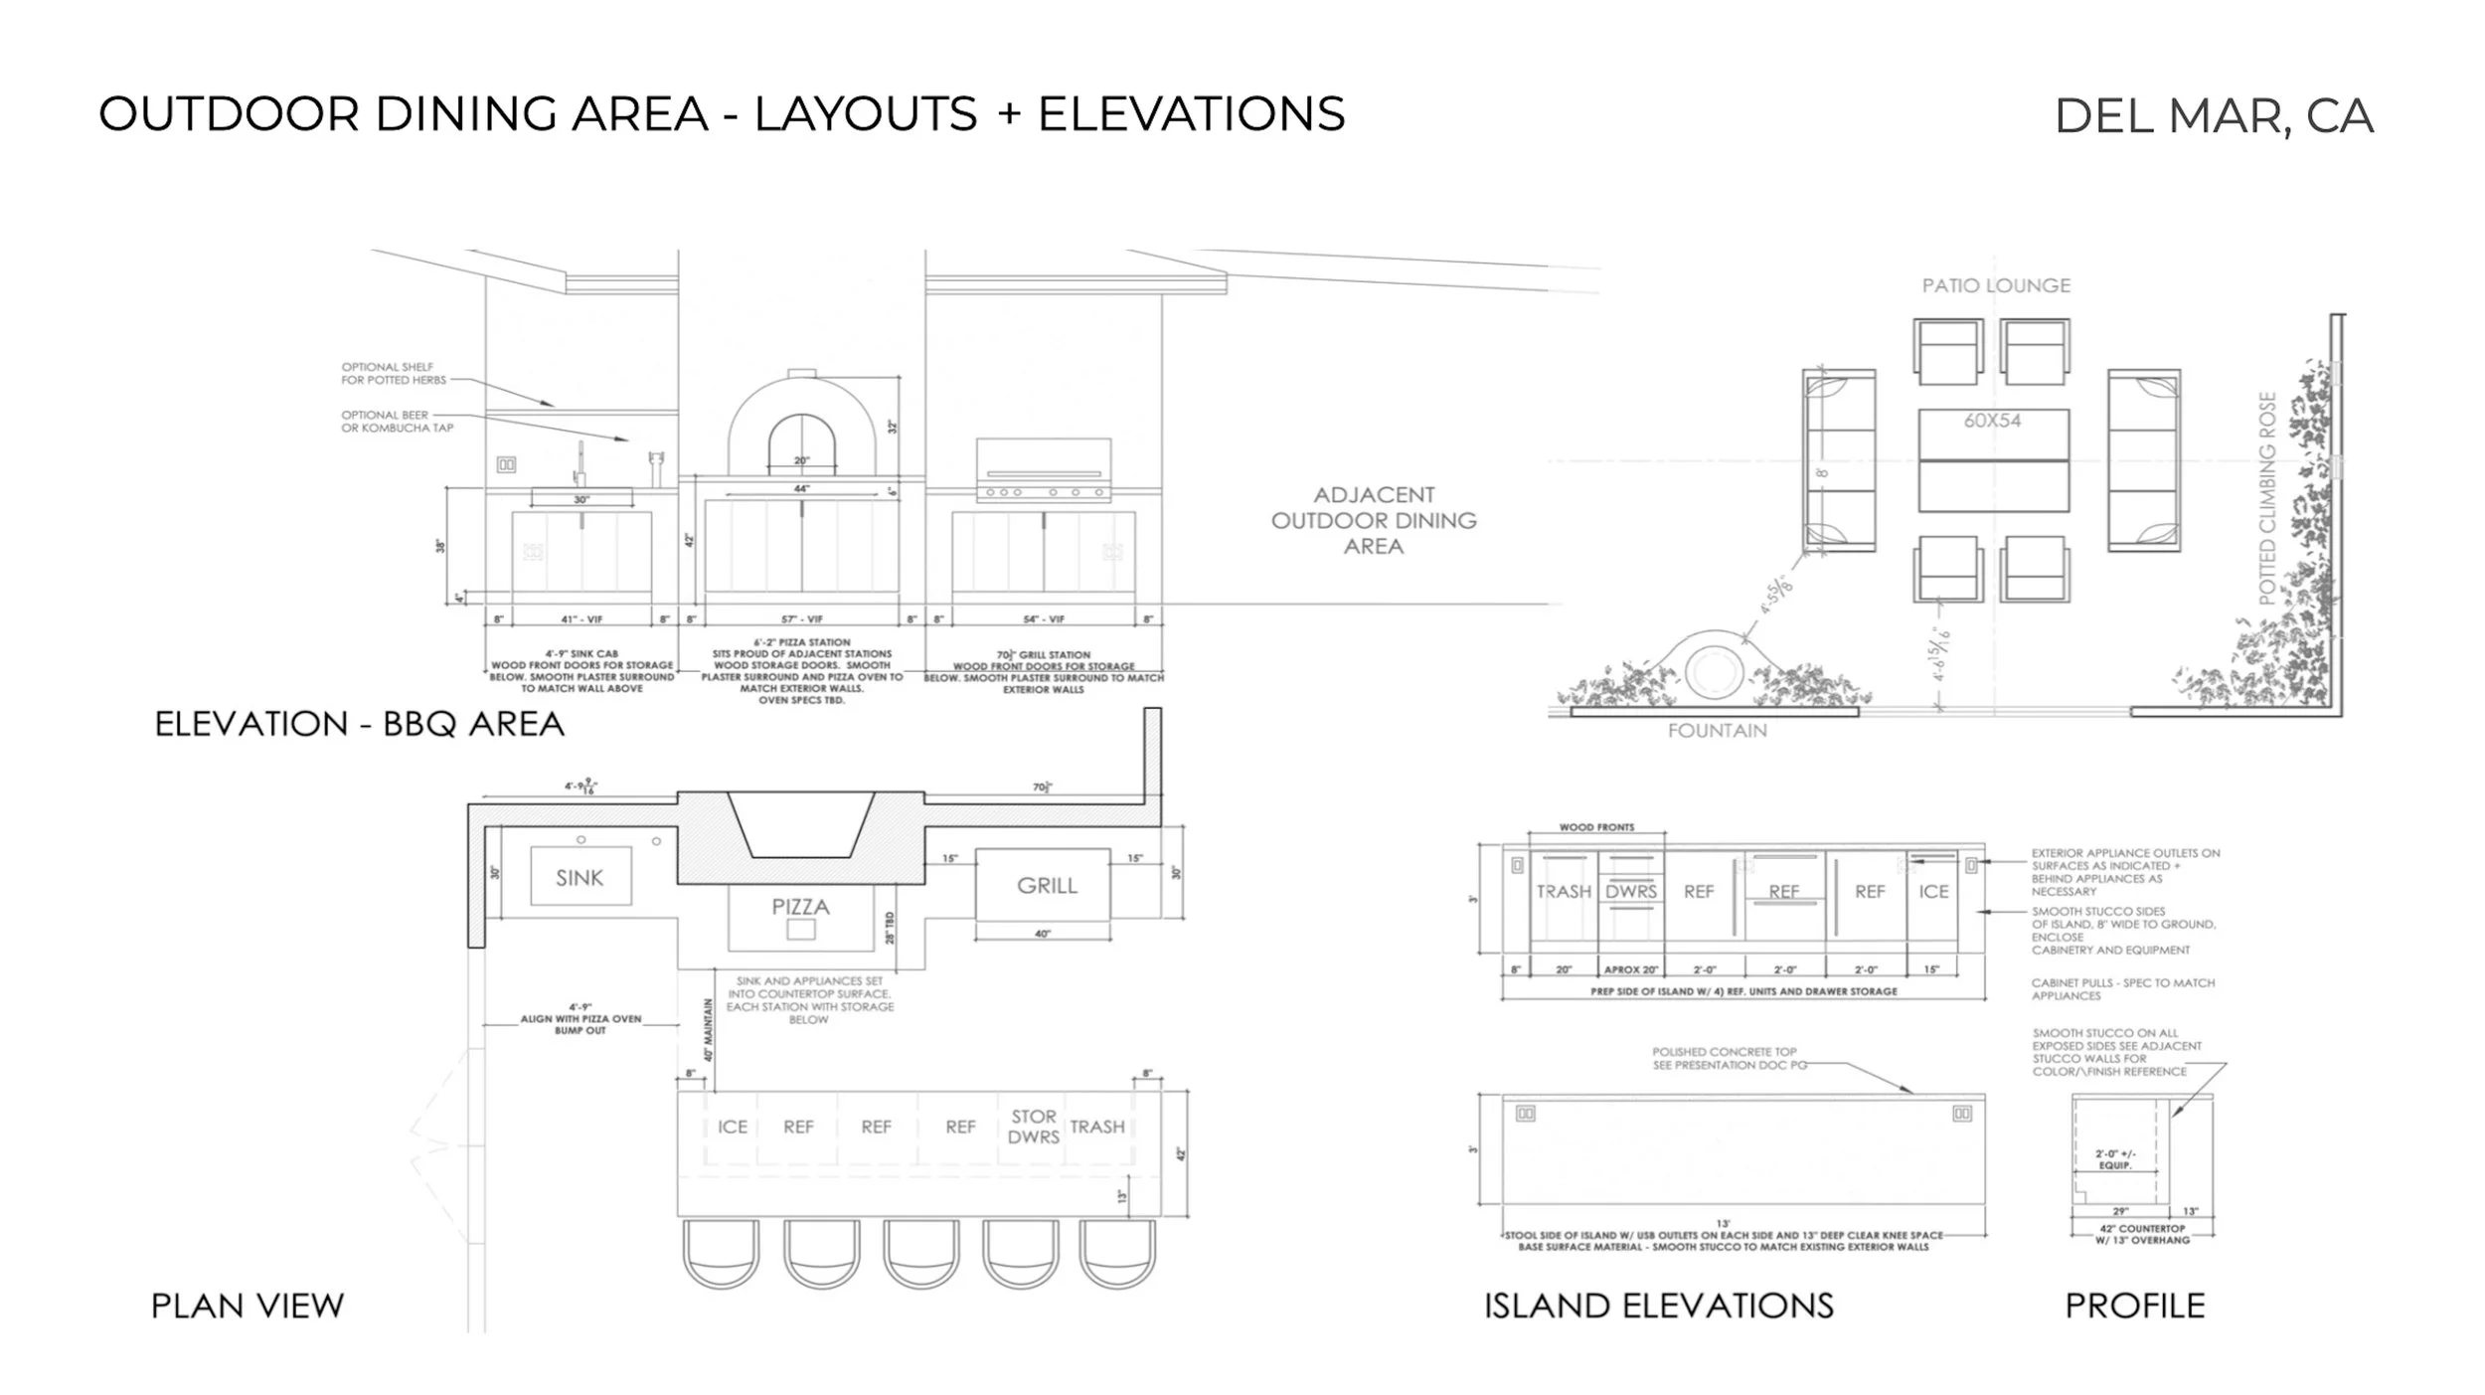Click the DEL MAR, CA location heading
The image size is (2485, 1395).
(x=2214, y=116)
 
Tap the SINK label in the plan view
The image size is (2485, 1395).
(x=580, y=877)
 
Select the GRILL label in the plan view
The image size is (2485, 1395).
(x=1046, y=885)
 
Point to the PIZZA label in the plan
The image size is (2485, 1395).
(x=800, y=906)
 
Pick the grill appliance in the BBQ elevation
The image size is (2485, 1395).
(x=1044, y=469)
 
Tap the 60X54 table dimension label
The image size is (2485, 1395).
(x=1992, y=421)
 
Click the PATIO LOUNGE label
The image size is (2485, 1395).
(x=1996, y=285)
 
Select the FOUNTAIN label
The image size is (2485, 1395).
(x=1717, y=731)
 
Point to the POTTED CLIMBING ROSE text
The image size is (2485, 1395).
(x=2267, y=498)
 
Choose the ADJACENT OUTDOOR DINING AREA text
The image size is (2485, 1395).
(x=1374, y=520)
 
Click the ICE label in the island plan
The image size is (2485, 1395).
(x=733, y=1127)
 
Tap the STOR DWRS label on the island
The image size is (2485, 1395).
(x=1033, y=1127)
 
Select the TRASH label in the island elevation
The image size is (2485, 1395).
(x=1564, y=892)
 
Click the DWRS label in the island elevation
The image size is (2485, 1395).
(x=1631, y=892)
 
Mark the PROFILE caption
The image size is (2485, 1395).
(x=2134, y=1306)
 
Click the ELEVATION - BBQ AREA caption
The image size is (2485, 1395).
(x=360, y=724)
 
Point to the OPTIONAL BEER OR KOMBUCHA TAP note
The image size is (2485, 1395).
(x=397, y=422)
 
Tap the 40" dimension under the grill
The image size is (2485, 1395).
(x=1042, y=934)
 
